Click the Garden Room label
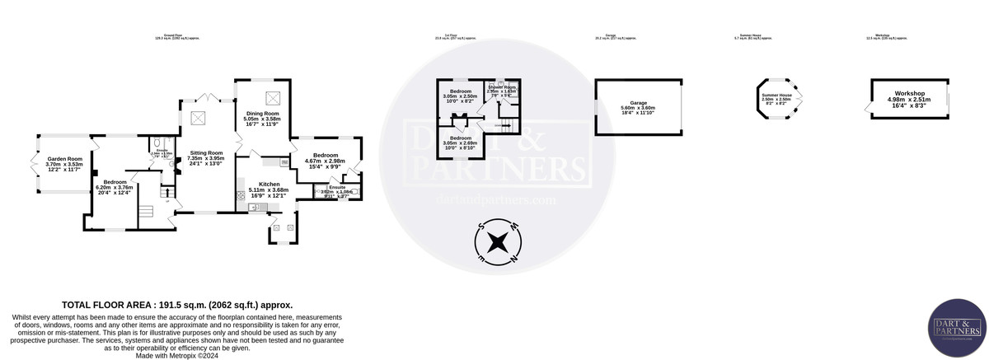pyautogui.click(x=63, y=160)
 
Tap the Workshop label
pyautogui.click(x=906, y=93)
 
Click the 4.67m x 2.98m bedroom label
pyautogui.click(x=325, y=155)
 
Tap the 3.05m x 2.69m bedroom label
pyautogui.click(x=460, y=138)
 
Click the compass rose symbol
pyautogui.click(x=498, y=242)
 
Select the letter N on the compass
pyautogui.click(x=514, y=259)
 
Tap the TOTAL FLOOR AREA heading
pyautogui.click(x=177, y=304)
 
